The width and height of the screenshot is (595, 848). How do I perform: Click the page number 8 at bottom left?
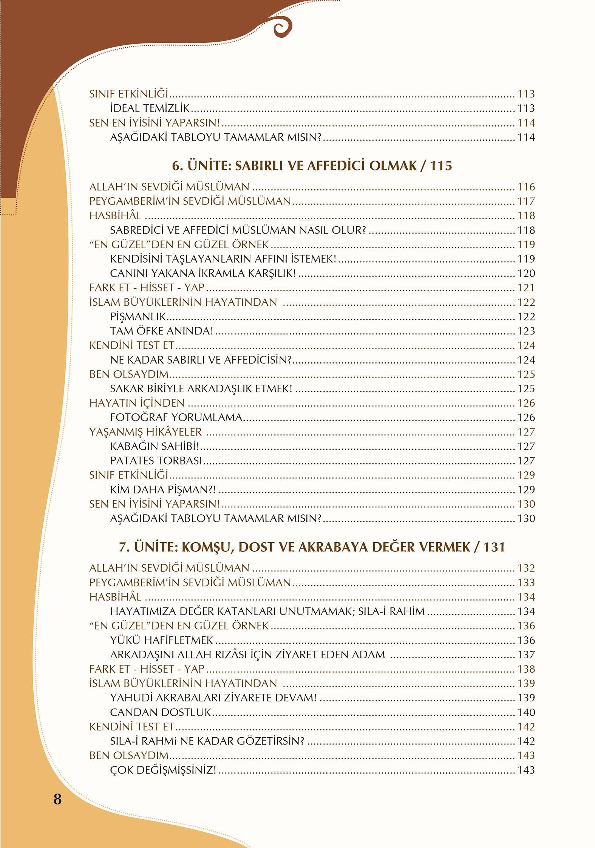[x=57, y=799]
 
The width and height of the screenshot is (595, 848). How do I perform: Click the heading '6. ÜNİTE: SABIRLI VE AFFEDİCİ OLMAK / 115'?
[x=312, y=166]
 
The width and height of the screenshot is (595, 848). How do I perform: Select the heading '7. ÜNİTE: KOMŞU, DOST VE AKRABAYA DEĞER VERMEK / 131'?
[x=312, y=547]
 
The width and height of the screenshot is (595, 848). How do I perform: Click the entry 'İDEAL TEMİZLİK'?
[x=150, y=108]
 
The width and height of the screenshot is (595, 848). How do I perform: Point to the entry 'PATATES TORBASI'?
[x=156, y=461]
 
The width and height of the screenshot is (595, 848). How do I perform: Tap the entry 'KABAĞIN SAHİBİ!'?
[x=154, y=446]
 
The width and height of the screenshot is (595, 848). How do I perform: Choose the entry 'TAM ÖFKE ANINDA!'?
[x=161, y=331]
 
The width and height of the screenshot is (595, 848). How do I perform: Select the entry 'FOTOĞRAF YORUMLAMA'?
[x=176, y=418]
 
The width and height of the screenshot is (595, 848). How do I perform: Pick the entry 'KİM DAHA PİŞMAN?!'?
[x=163, y=490]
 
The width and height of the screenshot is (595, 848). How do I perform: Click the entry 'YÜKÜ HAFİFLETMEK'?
[x=161, y=641]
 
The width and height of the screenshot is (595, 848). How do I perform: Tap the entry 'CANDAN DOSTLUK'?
[x=160, y=713]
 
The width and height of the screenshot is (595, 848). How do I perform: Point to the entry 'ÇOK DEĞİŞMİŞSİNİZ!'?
[x=163, y=770]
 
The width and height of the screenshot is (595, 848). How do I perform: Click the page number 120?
[x=526, y=273]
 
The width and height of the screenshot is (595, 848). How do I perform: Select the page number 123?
[x=526, y=331]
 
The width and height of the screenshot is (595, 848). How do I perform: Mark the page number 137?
[x=526, y=655]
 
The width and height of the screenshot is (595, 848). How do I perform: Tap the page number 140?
[x=526, y=713]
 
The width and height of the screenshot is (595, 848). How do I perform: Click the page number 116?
[x=526, y=187]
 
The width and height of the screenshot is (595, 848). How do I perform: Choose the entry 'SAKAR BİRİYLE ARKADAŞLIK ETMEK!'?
[x=201, y=389]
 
